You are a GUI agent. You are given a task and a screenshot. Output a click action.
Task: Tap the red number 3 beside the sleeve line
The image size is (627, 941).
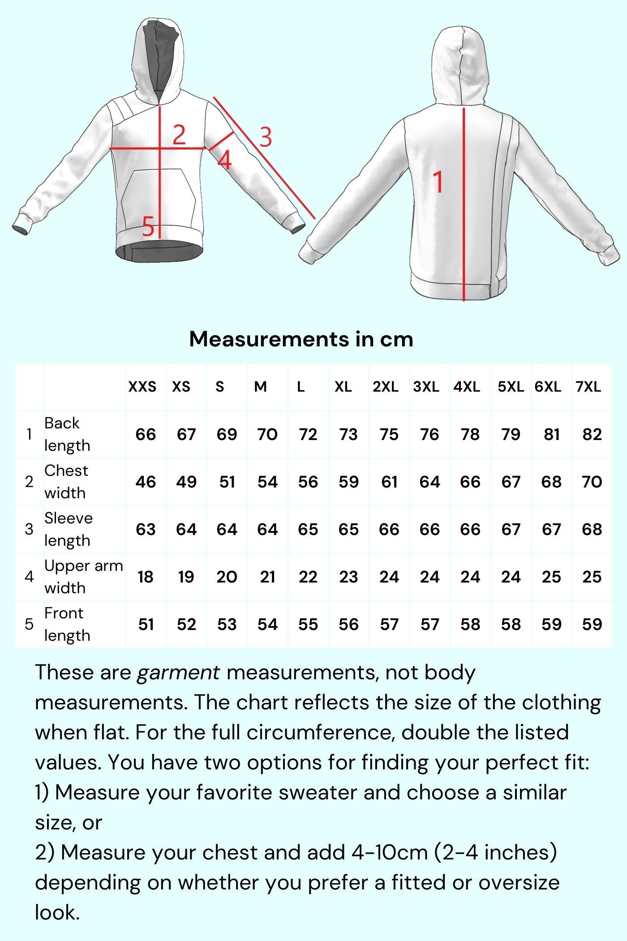click(x=265, y=137)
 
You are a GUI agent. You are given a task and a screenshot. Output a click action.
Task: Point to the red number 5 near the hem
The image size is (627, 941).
click(x=148, y=226)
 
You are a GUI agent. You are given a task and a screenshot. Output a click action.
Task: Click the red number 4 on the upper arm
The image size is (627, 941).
click(x=224, y=160)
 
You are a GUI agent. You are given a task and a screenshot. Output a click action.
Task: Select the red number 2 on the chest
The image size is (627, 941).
click(x=179, y=135)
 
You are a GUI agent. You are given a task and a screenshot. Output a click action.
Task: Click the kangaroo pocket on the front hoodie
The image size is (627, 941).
click(x=158, y=197)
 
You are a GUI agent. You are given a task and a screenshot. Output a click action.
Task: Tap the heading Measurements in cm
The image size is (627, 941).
click(x=301, y=339)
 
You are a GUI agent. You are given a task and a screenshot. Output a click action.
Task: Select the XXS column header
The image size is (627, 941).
click(x=142, y=387)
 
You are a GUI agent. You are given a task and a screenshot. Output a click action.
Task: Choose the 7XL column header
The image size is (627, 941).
click(x=588, y=387)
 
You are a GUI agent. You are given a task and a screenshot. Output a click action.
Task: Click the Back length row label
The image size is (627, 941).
click(x=67, y=434)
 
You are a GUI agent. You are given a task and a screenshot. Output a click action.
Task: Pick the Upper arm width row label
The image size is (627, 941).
click(x=83, y=577)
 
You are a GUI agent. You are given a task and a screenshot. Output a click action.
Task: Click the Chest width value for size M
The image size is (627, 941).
click(x=267, y=482)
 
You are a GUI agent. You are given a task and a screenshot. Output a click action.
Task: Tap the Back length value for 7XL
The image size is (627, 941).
click(x=592, y=435)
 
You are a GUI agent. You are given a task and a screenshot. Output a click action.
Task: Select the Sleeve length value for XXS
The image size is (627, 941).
click(x=146, y=530)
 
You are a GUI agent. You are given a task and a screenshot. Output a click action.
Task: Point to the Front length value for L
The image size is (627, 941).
click(x=308, y=625)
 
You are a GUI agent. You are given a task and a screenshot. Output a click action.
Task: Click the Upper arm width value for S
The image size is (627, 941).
click(x=227, y=577)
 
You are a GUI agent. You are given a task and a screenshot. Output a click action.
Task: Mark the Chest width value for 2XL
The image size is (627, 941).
click(x=389, y=482)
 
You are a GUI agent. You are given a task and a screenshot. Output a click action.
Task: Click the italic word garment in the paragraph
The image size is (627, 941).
click(x=178, y=673)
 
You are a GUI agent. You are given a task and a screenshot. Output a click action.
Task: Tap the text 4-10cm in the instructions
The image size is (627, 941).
click(x=390, y=853)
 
